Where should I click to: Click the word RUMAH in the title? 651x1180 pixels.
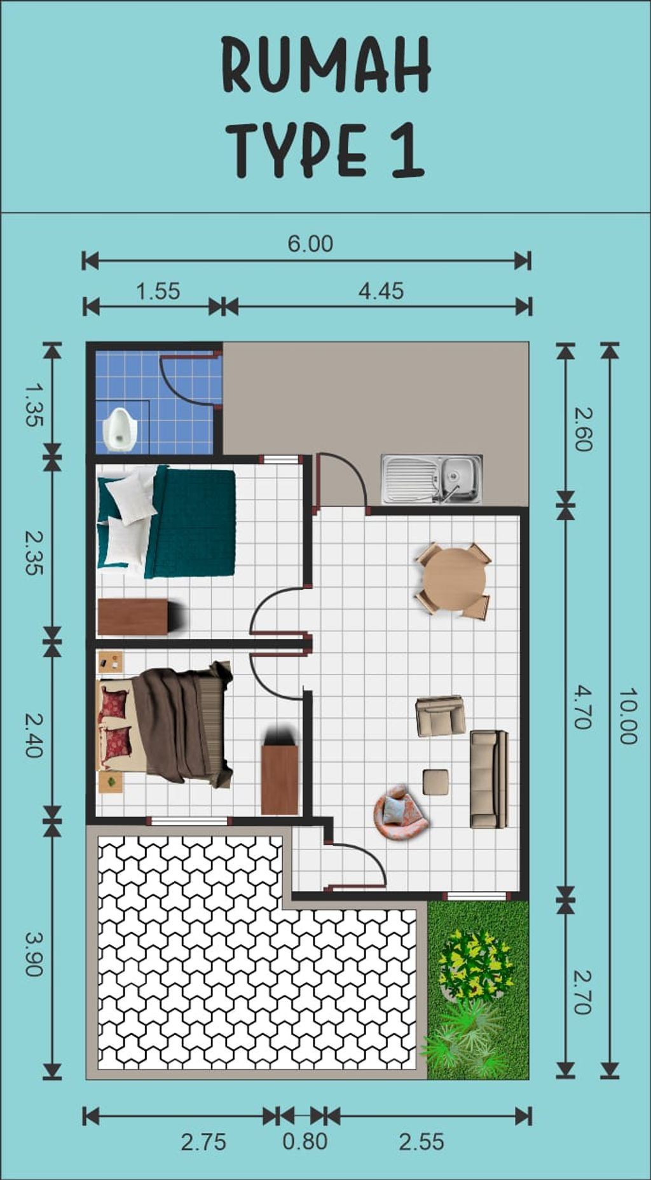326,65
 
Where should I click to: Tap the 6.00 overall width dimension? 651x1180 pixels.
310,244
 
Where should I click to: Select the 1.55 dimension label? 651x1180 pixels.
158,291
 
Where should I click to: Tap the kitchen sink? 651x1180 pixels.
432,479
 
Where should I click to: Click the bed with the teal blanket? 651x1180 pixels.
167,521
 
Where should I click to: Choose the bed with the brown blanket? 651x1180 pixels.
164,724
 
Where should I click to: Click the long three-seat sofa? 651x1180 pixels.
489,779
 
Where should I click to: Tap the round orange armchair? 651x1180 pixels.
400,813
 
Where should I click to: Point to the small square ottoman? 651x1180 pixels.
435,782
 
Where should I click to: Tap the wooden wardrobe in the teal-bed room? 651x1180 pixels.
135,617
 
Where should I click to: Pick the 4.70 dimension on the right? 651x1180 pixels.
583,706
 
